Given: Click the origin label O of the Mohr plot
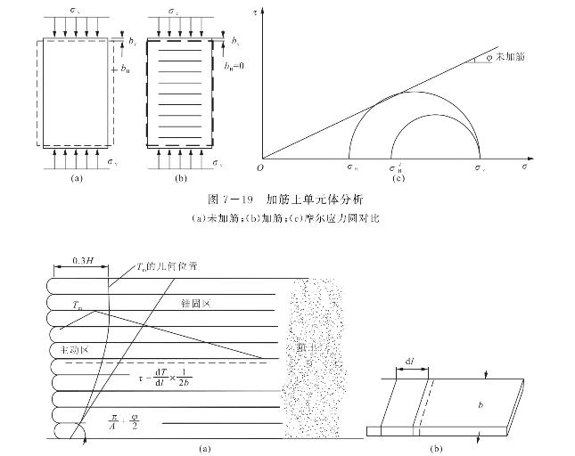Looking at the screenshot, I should pos(260,166).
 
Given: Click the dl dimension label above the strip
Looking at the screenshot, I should pos(410,361).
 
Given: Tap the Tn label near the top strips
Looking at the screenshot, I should pos(78,305).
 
